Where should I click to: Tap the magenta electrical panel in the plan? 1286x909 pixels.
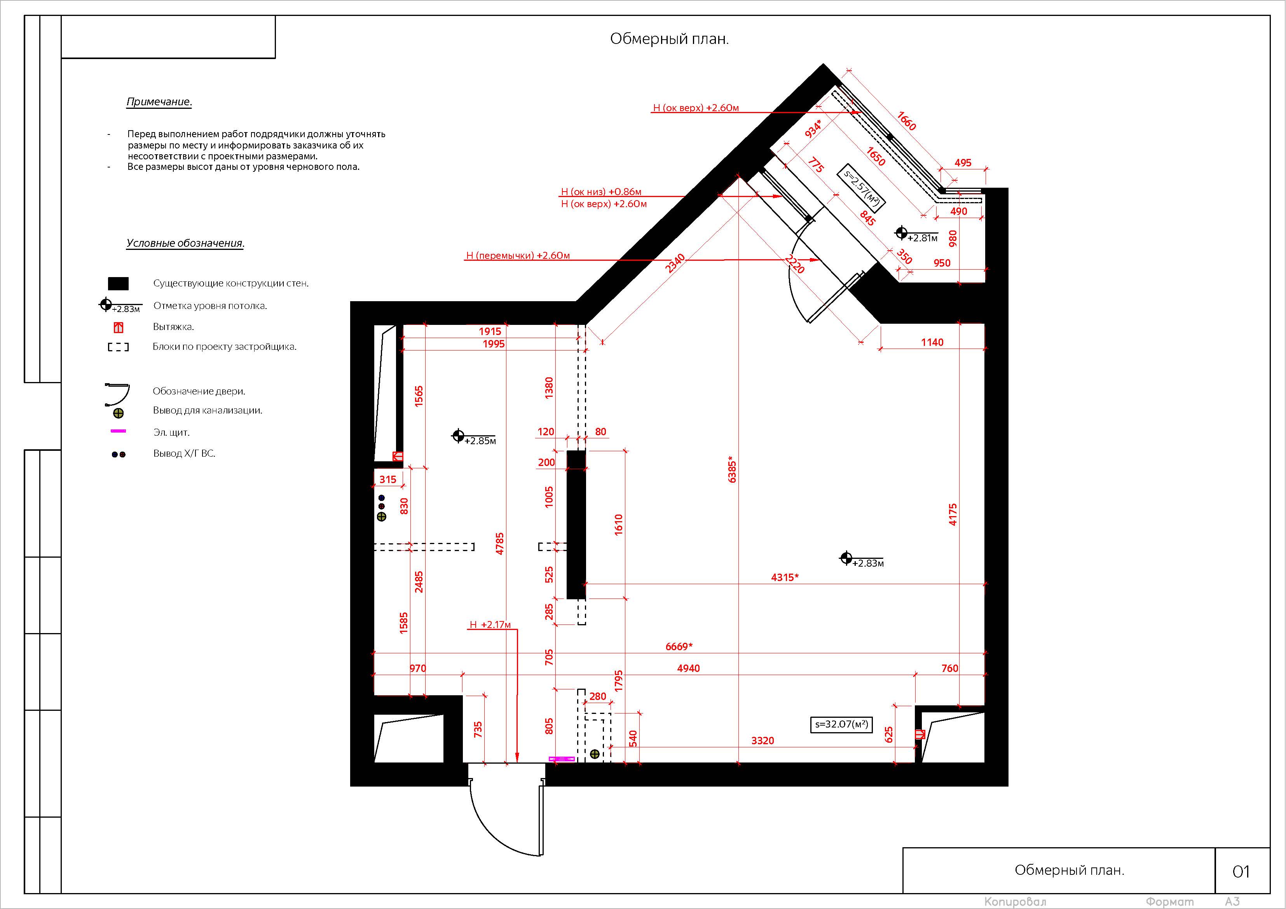point(561,759)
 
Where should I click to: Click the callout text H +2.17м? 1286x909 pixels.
point(490,625)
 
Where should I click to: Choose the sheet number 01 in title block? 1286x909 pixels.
point(1241,871)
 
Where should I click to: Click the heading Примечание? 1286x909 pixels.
point(159,102)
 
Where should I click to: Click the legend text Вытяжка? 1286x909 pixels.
point(173,326)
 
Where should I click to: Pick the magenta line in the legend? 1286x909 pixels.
point(118,431)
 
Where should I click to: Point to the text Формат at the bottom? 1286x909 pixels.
point(1169,902)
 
